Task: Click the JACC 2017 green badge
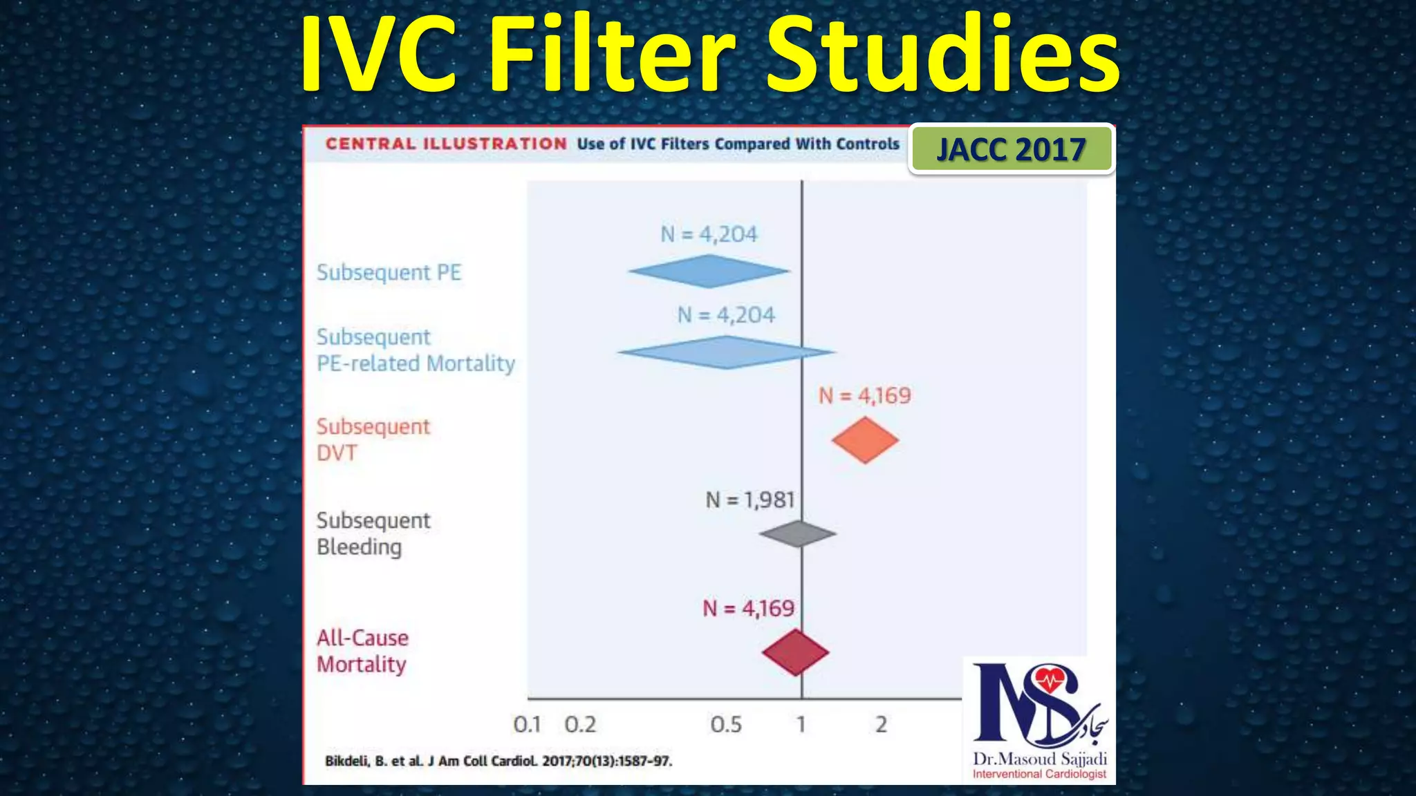click(x=1011, y=149)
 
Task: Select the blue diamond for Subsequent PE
click(x=709, y=271)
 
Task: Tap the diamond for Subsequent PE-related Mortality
click(x=726, y=352)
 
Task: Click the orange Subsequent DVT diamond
click(x=865, y=439)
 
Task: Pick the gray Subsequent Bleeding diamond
click(x=798, y=533)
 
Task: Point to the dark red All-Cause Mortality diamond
click(x=796, y=652)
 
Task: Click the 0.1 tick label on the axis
click(x=527, y=724)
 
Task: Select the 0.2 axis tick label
click(x=579, y=724)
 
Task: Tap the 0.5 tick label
click(x=726, y=724)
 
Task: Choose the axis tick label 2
click(x=881, y=724)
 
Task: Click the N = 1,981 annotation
click(x=749, y=500)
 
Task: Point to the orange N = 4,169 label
click(x=865, y=396)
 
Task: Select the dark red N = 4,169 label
click(x=749, y=608)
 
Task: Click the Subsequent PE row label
click(x=389, y=272)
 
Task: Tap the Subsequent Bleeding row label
click(x=373, y=533)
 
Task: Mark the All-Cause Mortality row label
click(x=362, y=651)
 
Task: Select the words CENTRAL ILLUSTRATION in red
click(x=446, y=144)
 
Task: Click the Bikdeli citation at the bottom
click(x=499, y=761)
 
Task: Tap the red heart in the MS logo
click(x=1051, y=679)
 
